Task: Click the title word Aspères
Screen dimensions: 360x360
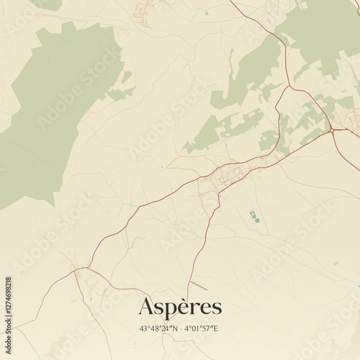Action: pyautogui.click(x=180, y=307)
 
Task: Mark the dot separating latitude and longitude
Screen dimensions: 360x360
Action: pyautogui.click(x=180, y=328)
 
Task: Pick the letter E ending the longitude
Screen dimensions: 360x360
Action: pyautogui.click(x=215, y=328)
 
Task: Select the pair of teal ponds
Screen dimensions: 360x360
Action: pyautogui.click(x=254, y=216)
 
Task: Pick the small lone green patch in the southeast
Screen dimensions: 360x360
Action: pyautogui.click(x=336, y=263)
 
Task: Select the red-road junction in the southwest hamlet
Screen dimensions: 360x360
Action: pyautogui.click(x=78, y=271)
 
